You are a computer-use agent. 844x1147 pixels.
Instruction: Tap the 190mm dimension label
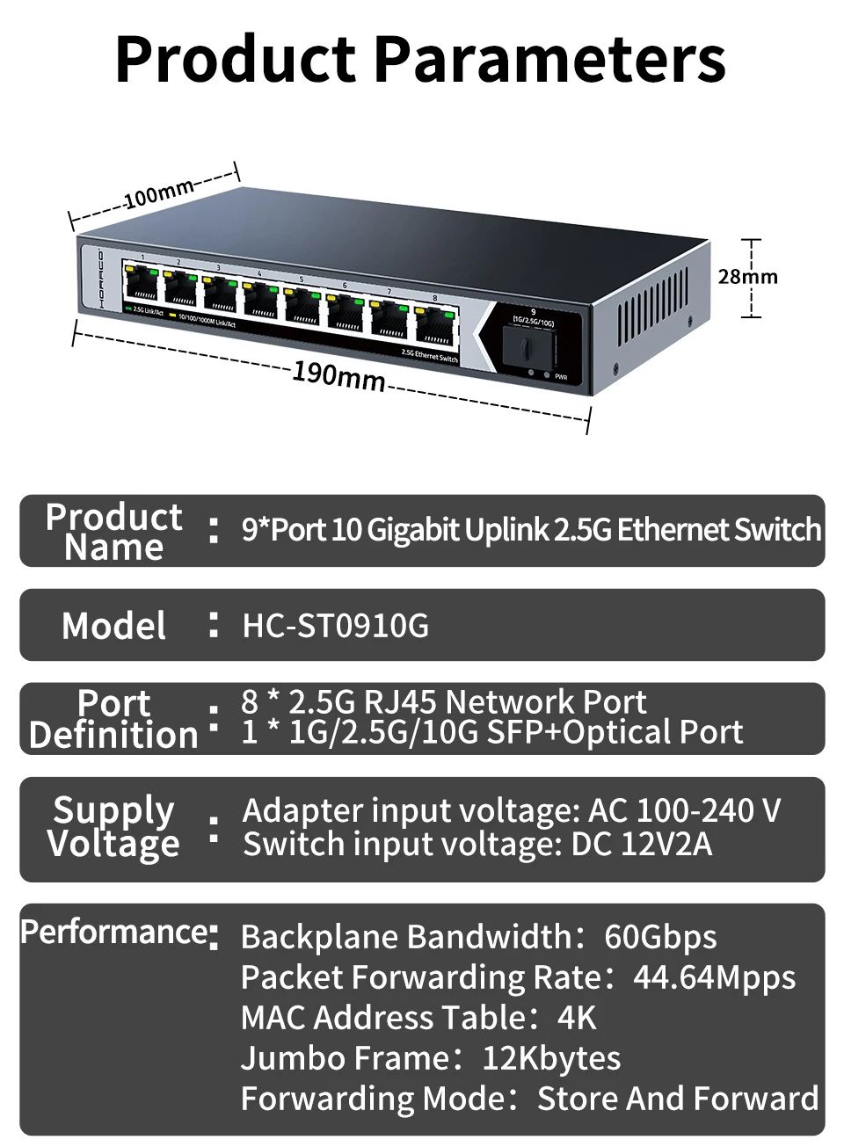(338, 376)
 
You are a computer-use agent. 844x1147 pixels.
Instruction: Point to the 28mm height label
(747, 277)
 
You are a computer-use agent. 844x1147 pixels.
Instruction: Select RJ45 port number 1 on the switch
(141, 282)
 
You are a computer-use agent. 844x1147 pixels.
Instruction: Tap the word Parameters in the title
(550, 59)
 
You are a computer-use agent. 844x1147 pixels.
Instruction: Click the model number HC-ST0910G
(336, 626)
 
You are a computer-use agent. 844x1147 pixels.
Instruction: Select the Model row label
(113, 626)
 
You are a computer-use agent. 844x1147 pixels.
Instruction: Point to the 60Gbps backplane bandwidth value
(660, 937)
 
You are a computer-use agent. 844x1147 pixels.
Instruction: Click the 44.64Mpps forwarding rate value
(714, 977)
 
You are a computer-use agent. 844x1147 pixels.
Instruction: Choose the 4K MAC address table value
(577, 1018)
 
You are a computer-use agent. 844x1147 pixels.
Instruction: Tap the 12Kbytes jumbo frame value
(551, 1058)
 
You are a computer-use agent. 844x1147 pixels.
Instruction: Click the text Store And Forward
(678, 1099)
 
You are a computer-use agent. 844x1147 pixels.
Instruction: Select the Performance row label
(114, 932)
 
